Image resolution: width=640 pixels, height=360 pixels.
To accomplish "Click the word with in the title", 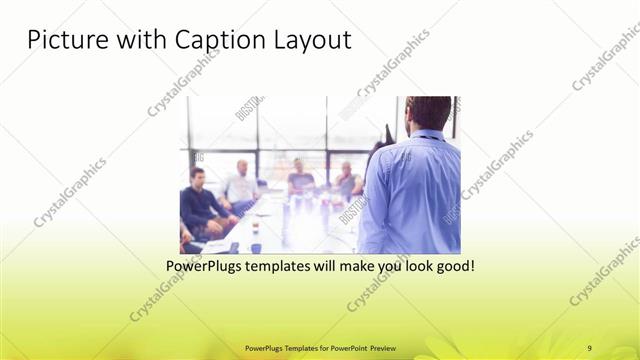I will [x=141, y=41].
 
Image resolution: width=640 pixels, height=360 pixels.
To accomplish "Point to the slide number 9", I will [x=590, y=347].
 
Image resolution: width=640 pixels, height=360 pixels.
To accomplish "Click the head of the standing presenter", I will [x=428, y=112].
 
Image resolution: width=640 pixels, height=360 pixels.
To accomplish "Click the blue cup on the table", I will [x=257, y=247].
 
